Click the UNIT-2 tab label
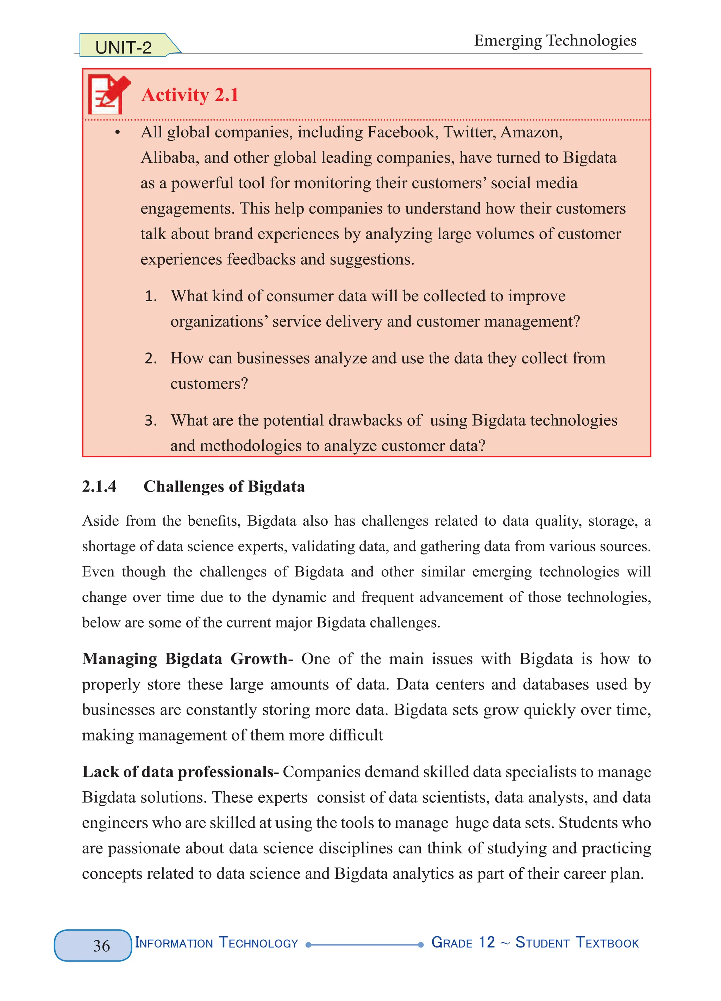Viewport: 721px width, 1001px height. point(124,47)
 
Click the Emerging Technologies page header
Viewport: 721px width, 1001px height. point(555,41)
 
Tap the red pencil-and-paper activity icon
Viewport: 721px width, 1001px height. point(109,94)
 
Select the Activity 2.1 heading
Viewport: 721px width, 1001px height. point(190,95)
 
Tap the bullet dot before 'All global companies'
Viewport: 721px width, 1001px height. point(117,132)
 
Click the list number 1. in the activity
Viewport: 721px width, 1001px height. point(151,296)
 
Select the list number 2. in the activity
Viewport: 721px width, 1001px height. point(151,358)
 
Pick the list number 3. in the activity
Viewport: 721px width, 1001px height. point(151,421)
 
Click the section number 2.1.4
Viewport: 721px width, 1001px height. point(99,486)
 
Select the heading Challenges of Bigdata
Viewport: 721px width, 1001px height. point(224,486)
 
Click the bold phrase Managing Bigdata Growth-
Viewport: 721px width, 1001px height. point(187,659)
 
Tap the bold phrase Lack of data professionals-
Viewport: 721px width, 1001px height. point(180,772)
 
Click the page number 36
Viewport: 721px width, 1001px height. point(101,946)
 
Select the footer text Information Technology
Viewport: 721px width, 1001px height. point(217,943)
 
